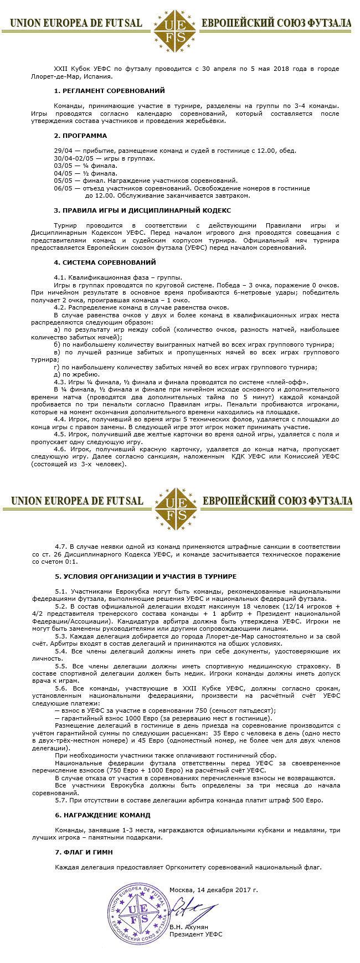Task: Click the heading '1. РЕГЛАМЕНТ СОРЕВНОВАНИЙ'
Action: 109,91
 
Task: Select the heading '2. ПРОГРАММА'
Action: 80,136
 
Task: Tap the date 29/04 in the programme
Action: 63,151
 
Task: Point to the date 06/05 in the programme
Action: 63,188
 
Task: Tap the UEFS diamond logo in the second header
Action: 175,502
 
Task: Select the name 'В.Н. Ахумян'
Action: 189,926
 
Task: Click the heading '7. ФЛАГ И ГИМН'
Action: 84,852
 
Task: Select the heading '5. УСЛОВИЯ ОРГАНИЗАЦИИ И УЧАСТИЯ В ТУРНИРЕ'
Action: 146,576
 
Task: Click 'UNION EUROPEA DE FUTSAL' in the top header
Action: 76,24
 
